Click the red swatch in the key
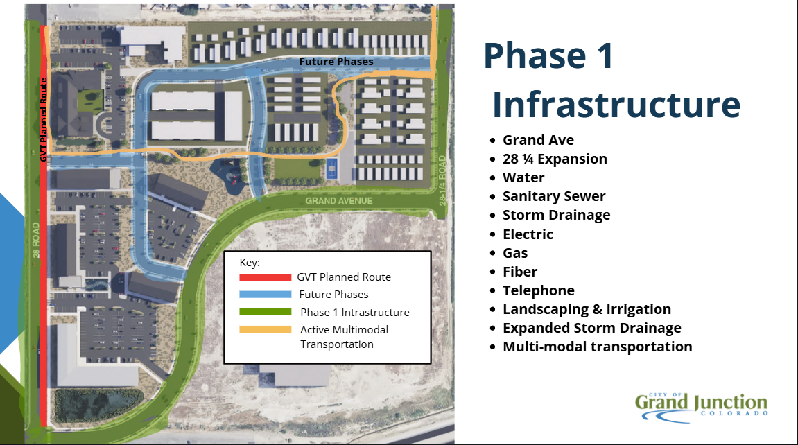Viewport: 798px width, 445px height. tap(265, 277)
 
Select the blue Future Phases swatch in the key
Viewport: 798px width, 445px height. tap(265, 295)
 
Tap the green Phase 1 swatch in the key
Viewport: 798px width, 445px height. tap(265, 312)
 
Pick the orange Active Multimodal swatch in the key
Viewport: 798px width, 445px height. tap(265, 329)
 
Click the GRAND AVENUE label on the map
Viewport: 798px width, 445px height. tap(339, 201)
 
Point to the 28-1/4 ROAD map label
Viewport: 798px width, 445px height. tap(442, 180)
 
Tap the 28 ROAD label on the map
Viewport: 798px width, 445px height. tap(36, 240)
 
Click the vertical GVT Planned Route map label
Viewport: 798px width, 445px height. tap(43, 120)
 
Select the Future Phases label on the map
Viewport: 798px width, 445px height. tap(336, 62)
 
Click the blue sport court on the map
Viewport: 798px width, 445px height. tap(331, 169)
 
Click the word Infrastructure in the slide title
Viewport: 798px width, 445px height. tap(616, 105)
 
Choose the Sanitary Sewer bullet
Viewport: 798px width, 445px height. tap(554, 196)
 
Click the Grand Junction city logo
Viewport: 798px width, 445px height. tap(702, 407)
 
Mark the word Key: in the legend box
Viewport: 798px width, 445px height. tap(250, 263)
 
